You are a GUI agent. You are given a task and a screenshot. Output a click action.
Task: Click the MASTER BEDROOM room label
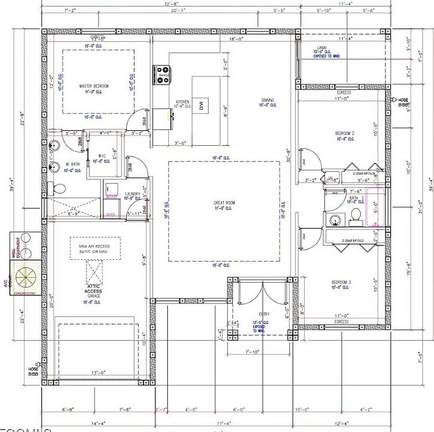[x=94, y=86]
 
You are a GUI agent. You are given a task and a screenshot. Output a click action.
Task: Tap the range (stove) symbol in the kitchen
[x=162, y=74]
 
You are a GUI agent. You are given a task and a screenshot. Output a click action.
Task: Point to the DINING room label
[x=268, y=100]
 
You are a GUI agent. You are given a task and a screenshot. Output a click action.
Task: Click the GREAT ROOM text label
[x=224, y=203]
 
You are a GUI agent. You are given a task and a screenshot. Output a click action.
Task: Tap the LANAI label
[x=322, y=47]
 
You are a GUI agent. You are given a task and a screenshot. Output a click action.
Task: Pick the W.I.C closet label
[x=103, y=156]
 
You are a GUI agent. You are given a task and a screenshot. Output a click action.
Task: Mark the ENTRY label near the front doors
[x=263, y=314]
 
